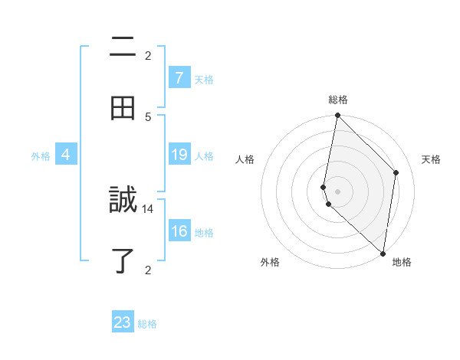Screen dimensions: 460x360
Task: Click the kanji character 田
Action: click(x=123, y=108)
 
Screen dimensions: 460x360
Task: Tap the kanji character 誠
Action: click(x=123, y=201)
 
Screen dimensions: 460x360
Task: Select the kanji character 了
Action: click(x=123, y=261)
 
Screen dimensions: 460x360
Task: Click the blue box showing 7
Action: click(x=179, y=78)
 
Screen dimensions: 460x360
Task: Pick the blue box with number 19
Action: click(x=179, y=155)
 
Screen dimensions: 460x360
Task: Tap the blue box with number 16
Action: click(x=179, y=231)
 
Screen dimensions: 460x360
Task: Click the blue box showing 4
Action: click(x=66, y=155)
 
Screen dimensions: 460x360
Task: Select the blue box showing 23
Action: click(x=123, y=322)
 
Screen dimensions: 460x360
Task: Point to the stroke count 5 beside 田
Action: click(x=148, y=116)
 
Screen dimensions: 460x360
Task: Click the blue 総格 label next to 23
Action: click(x=147, y=324)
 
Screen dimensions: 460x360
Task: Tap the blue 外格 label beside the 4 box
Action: click(x=41, y=156)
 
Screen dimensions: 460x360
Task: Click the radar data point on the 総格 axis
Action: click(x=337, y=116)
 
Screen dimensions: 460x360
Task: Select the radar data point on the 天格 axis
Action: click(x=396, y=172)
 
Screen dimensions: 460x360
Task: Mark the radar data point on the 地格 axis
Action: click(x=383, y=254)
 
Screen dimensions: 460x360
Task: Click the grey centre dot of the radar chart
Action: click(x=337, y=191)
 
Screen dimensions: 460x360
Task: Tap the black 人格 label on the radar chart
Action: click(x=245, y=159)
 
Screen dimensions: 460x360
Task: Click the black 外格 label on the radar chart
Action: click(x=270, y=262)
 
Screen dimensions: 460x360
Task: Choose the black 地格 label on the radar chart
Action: click(x=402, y=262)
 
